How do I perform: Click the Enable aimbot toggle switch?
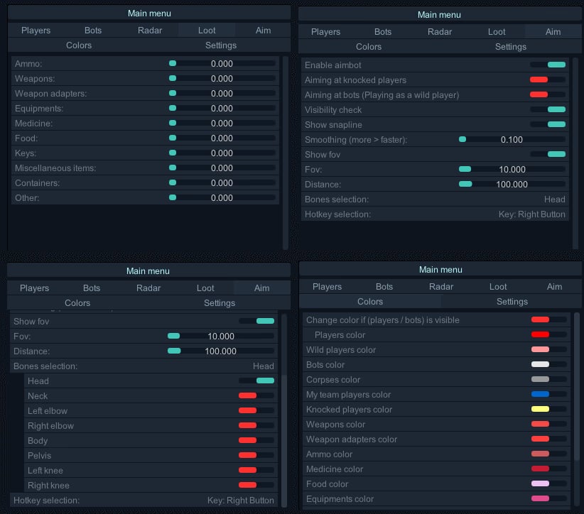tap(548, 65)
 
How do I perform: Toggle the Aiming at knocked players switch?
tap(548, 80)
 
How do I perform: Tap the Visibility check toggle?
tap(548, 109)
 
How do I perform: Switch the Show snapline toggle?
tap(548, 124)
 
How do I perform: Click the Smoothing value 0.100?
tap(512, 140)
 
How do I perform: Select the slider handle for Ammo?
tap(173, 63)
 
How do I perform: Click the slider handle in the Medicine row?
tap(173, 123)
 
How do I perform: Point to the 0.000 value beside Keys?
tap(222, 153)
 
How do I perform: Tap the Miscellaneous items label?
tap(55, 168)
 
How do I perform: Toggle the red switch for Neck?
tap(256, 395)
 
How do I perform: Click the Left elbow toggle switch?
tap(256, 410)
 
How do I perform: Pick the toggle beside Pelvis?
tap(256, 455)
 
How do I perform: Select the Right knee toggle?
tap(256, 485)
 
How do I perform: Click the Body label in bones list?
tap(38, 441)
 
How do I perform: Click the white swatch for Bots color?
tap(540, 364)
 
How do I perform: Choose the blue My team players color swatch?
tap(540, 394)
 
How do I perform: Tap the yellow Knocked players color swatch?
tap(540, 409)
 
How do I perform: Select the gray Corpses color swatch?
tap(540, 379)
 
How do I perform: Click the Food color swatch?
tap(540, 483)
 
